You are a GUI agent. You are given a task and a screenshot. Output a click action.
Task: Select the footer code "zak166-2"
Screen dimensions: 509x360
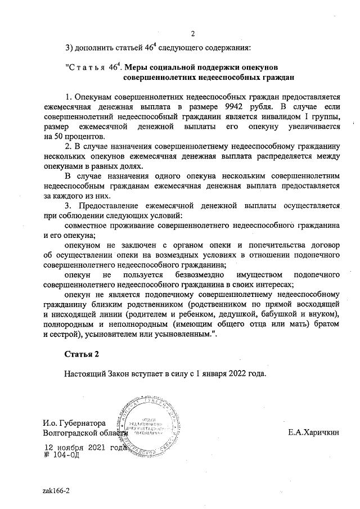[56, 490]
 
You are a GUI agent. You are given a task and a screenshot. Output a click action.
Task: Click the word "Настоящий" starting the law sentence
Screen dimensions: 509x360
[84, 373]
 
